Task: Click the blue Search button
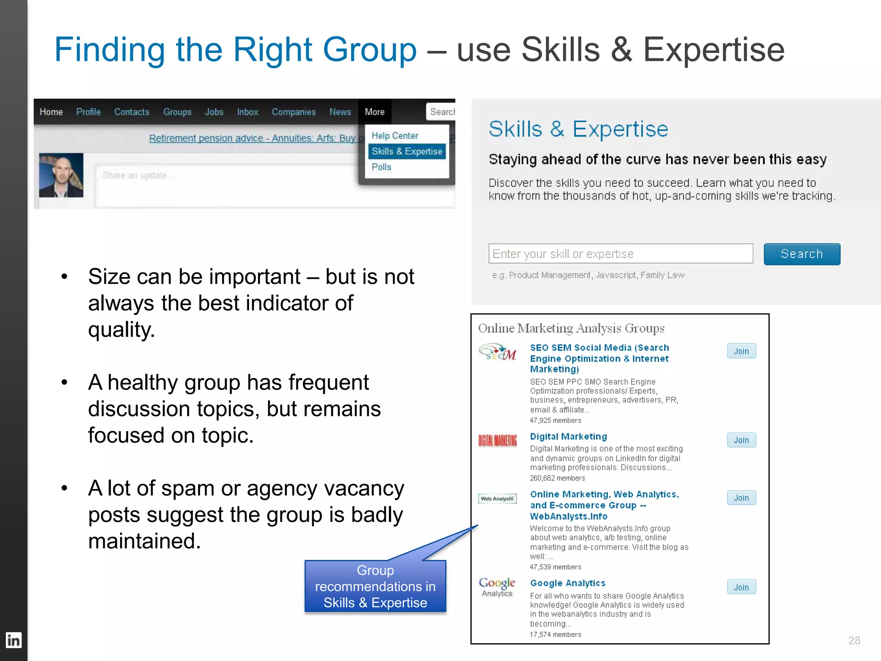(801, 254)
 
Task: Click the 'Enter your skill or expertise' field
(620, 254)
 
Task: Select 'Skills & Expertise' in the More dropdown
(407, 151)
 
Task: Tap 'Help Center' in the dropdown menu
(394, 136)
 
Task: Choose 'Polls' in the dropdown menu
(381, 167)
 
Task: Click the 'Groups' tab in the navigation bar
(177, 112)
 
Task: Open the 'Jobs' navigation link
(214, 112)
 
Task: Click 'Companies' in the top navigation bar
(293, 112)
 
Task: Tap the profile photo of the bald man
(61, 175)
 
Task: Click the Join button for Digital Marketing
(741, 440)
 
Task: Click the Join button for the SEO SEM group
(741, 351)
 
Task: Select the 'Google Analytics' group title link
(567, 583)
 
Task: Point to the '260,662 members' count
(557, 478)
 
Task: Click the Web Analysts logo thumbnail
(497, 499)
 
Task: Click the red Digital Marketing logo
(497, 441)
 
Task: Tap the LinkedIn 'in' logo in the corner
(13, 640)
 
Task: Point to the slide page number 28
(854, 640)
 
